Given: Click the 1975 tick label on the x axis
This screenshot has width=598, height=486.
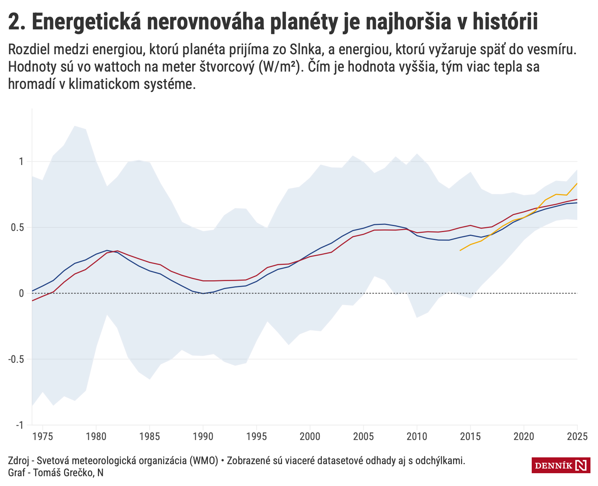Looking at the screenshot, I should [x=43, y=437].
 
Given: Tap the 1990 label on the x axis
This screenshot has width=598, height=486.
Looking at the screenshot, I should [x=203, y=437].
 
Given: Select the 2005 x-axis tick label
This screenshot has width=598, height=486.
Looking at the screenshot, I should [x=363, y=437].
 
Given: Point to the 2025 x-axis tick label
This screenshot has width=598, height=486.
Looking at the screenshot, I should [x=577, y=437].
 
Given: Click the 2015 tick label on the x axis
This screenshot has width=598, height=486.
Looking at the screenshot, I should [x=470, y=437].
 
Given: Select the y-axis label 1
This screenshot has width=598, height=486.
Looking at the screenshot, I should [x=21, y=161].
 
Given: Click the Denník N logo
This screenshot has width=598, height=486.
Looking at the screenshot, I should [x=561, y=466].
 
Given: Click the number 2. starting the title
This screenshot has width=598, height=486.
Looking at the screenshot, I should [x=17, y=22].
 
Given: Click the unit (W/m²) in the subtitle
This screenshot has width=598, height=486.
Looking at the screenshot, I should [x=281, y=67].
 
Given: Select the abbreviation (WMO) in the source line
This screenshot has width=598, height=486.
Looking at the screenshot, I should [x=203, y=461].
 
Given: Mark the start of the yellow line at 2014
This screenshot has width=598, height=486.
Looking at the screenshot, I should [x=460, y=251].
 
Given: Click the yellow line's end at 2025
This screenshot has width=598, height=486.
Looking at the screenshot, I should [x=577, y=183].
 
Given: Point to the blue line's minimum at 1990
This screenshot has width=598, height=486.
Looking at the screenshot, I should [x=203, y=293].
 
